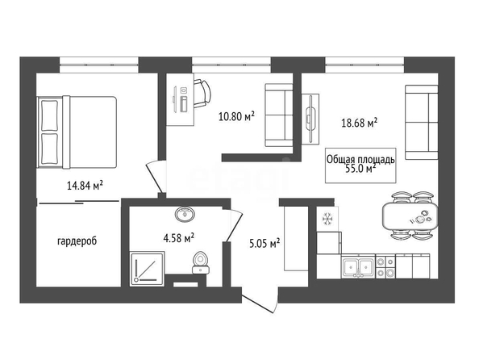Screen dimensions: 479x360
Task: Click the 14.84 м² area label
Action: [x=85, y=185]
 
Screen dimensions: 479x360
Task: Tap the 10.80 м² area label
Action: [x=236, y=116]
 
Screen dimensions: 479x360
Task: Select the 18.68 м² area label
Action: [x=359, y=123]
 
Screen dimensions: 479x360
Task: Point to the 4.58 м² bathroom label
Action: [x=179, y=238]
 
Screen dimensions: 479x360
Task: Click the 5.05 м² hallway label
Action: [x=264, y=244]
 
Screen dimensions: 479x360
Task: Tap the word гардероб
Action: [x=77, y=241]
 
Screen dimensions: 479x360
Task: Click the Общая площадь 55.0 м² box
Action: [x=360, y=165]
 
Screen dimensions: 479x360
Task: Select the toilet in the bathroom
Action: [x=200, y=262]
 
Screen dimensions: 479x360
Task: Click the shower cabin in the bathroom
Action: [x=148, y=269]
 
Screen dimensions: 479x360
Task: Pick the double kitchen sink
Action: [x=358, y=268]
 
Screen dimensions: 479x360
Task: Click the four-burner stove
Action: [x=385, y=267]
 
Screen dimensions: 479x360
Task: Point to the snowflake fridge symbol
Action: [x=327, y=219]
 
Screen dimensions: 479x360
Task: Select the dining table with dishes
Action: [x=410, y=216]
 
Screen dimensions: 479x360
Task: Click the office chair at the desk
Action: [x=202, y=94]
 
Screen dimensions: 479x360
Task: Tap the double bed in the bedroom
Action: [x=77, y=132]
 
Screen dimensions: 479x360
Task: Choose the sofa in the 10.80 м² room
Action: [x=278, y=115]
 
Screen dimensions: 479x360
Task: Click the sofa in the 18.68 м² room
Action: [x=421, y=122]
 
